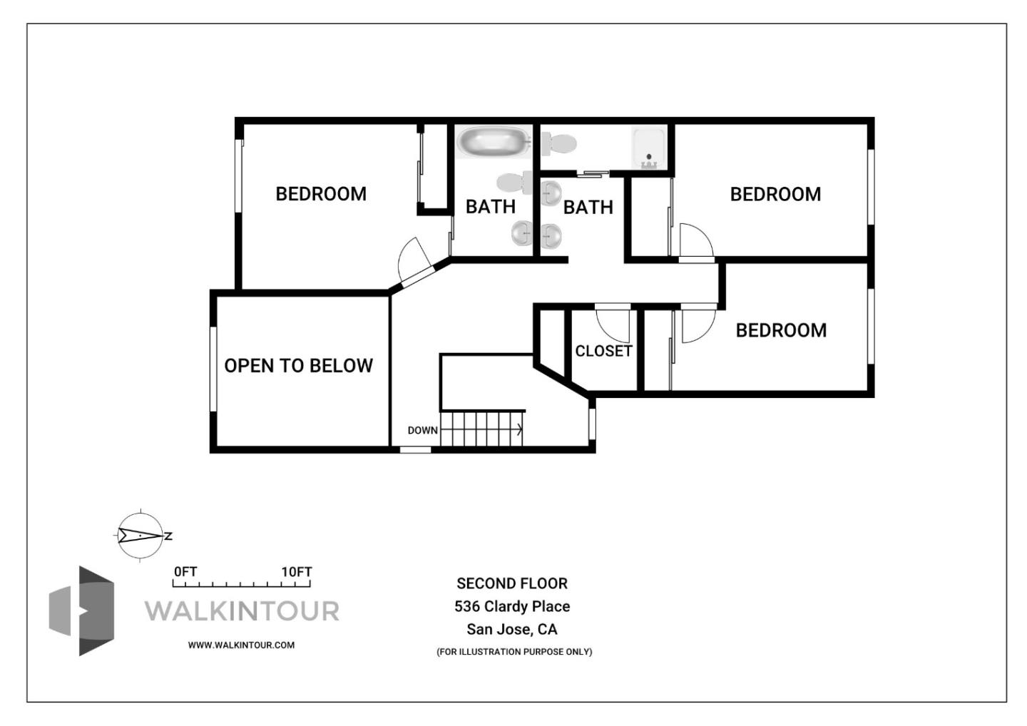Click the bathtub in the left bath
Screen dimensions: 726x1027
(x=493, y=142)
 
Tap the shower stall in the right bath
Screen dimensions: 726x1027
(x=648, y=148)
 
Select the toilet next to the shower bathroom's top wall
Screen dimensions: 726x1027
(x=558, y=144)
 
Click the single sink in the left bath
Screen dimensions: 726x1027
(x=522, y=232)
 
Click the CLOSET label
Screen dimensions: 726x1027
(x=603, y=351)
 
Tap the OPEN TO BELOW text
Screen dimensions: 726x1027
(x=298, y=366)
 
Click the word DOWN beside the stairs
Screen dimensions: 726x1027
(x=422, y=430)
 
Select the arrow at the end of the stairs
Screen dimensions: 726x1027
(x=518, y=429)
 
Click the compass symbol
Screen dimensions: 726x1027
(x=141, y=535)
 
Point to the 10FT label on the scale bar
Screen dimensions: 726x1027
(x=296, y=572)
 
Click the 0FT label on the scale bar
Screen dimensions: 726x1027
(x=185, y=572)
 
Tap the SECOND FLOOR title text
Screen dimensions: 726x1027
(x=512, y=583)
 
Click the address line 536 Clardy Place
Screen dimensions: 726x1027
(x=512, y=606)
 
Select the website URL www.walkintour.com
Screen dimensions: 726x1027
(x=241, y=645)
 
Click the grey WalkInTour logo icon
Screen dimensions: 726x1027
(x=83, y=610)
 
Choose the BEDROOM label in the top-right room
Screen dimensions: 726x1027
(x=775, y=194)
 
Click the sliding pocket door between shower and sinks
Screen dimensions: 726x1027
(x=592, y=173)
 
